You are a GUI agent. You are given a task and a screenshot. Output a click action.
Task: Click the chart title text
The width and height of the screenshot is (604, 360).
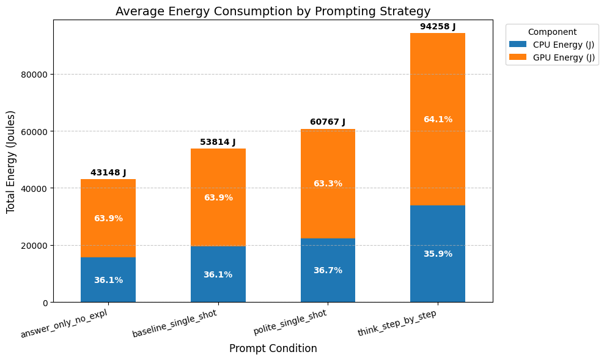pyautogui.click(x=273, y=11)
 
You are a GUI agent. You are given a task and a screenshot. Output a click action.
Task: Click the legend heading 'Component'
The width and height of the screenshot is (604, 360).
pyautogui.click(x=552, y=32)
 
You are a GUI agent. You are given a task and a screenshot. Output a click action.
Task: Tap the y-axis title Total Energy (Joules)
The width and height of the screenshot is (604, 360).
pyautogui.click(x=10, y=162)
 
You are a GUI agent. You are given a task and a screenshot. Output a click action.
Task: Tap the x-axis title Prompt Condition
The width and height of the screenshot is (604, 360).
pyautogui.click(x=273, y=348)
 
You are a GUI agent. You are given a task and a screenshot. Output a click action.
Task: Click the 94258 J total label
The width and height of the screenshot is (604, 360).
pyautogui.click(x=438, y=27)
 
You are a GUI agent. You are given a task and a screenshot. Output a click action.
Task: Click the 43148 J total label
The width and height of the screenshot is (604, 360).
pyautogui.click(x=108, y=173)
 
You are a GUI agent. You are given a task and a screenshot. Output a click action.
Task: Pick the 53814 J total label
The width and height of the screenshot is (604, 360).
pyautogui.click(x=218, y=142)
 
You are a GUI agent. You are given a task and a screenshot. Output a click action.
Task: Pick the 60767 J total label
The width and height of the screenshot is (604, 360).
pyautogui.click(x=328, y=122)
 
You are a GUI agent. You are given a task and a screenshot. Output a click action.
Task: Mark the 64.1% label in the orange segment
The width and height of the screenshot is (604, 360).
pyautogui.click(x=438, y=120)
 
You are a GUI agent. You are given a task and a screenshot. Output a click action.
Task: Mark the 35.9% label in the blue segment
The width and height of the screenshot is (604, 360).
pyautogui.click(x=438, y=254)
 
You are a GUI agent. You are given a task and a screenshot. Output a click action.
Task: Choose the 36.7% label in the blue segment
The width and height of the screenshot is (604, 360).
pyautogui.click(x=328, y=270)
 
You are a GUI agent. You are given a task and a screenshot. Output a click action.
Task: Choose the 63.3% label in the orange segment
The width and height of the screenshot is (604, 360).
pyautogui.click(x=328, y=184)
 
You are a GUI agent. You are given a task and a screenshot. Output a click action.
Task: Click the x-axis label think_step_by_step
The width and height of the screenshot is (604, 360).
pyautogui.click(x=397, y=323)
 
